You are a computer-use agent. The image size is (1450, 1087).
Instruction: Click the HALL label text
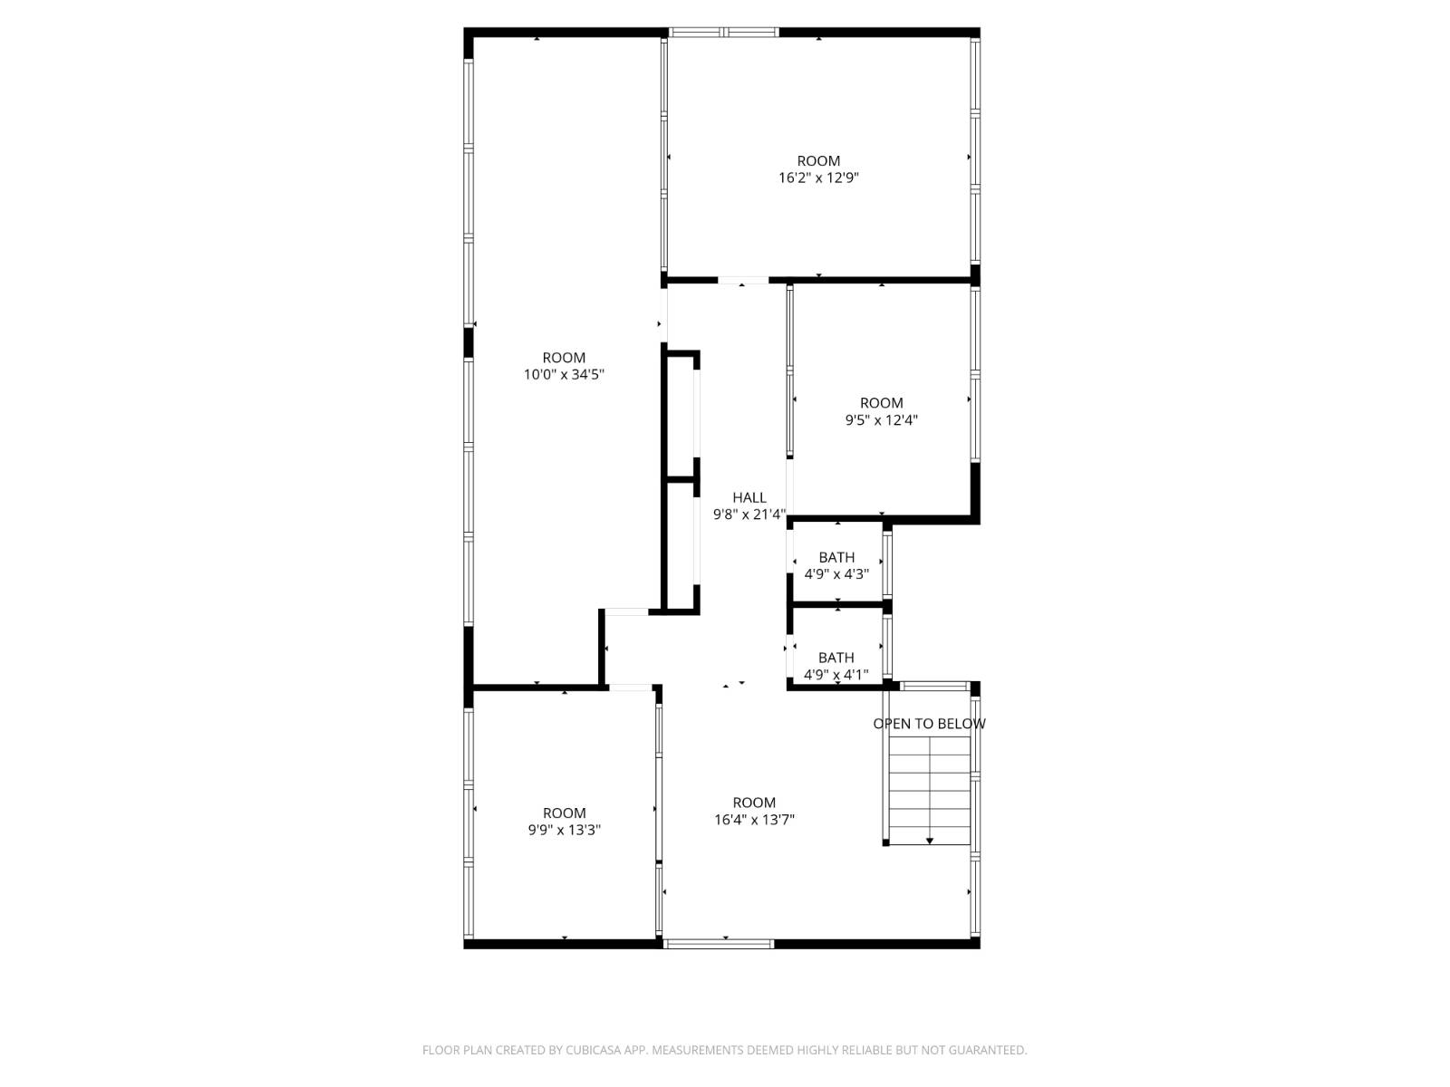tap(749, 497)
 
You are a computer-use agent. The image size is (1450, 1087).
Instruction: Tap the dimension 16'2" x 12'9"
tap(818, 178)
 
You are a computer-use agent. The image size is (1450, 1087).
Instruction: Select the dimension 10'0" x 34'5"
tap(564, 374)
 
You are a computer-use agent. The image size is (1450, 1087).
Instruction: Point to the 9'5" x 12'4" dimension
tap(881, 419)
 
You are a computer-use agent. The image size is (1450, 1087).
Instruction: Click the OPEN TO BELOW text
tap(929, 724)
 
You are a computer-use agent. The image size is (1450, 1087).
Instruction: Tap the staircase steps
tap(929, 788)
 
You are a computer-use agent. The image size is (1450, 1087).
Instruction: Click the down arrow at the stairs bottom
tap(930, 842)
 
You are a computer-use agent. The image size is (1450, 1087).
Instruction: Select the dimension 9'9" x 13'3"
tap(564, 830)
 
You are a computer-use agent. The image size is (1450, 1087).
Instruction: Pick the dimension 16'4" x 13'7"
tap(754, 820)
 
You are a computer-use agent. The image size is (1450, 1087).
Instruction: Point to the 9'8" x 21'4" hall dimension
tap(749, 515)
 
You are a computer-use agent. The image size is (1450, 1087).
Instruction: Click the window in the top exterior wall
tap(723, 33)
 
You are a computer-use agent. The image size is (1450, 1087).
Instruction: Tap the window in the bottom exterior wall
tap(719, 944)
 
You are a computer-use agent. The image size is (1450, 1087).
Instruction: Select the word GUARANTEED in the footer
tap(987, 1050)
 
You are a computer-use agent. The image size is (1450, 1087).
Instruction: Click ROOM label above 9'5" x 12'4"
tap(881, 403)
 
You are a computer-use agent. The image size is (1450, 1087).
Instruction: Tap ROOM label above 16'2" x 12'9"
tap(818, 161)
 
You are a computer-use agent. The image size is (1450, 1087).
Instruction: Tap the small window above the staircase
tap(933, 687)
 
